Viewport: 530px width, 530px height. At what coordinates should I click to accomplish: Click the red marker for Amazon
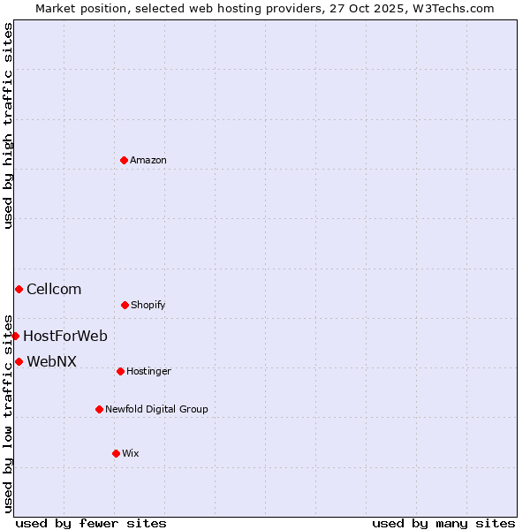click(124, 160)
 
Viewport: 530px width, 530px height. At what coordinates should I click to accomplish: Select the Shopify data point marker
click(125, 305)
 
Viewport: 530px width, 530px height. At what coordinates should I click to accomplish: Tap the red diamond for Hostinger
click(120, 371)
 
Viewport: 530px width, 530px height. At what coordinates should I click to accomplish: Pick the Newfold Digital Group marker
click(99, 409)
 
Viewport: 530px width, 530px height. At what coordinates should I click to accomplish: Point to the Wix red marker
click(116, 453)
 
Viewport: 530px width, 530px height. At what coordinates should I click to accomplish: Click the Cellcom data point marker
click(19, 289)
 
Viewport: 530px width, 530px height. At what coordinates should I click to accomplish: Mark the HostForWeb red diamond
click(15, 336)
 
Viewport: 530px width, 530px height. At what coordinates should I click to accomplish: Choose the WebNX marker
click(19, 361)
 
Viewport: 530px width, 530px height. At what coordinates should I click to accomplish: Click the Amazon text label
click(148, 161)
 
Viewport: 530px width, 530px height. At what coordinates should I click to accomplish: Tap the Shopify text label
click(148, 306)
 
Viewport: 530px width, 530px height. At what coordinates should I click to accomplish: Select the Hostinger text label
click(148, 372)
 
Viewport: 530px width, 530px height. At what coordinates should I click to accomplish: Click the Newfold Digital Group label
click(156, 410)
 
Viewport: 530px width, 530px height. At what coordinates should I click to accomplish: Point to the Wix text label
click(131, 454)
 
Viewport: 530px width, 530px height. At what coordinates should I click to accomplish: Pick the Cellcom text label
click(54, 290)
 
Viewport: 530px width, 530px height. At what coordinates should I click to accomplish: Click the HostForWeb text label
click(65, 337)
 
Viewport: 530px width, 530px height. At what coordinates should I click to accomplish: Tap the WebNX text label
click(51, 362)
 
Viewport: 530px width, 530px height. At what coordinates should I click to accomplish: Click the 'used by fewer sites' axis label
click(91, 524)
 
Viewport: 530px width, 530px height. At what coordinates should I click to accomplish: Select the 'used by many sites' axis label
click(443, 524)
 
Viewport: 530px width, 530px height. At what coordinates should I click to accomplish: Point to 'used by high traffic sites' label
click(8, 125)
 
